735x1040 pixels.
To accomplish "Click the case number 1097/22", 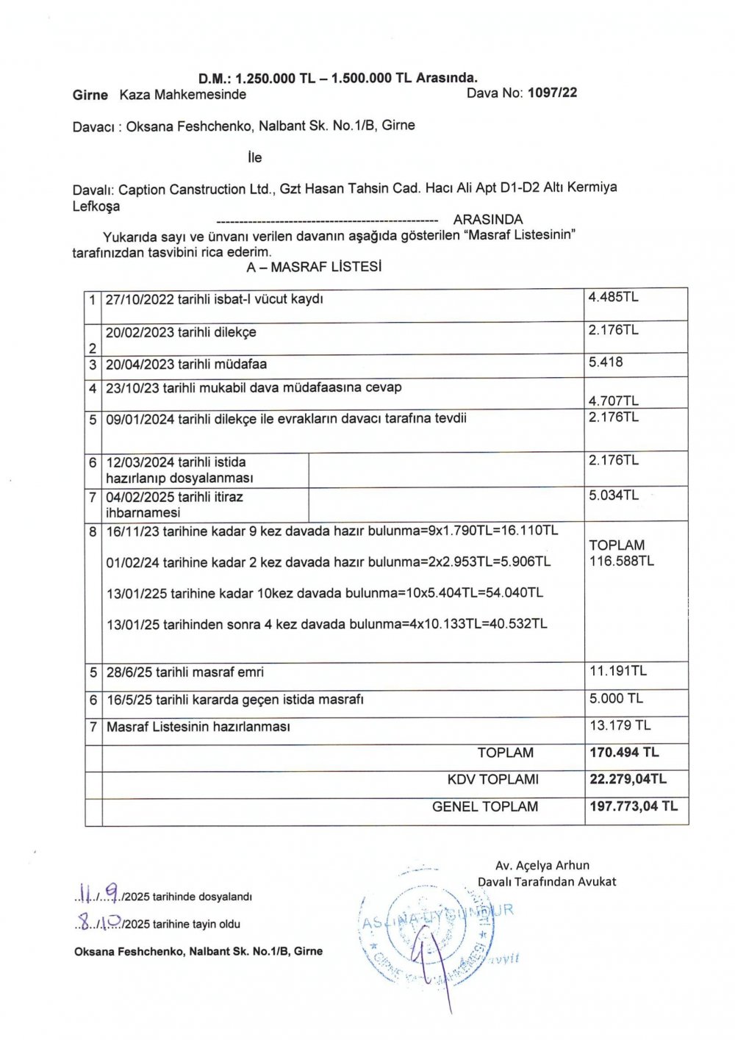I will click(552, 93).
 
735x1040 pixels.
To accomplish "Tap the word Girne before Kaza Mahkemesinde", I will click(90, 95).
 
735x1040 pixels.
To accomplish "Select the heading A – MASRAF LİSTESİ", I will click(314, 267).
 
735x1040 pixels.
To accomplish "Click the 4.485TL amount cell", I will click(613, 297).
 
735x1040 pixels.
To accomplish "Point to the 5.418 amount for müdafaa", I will click(606, 362).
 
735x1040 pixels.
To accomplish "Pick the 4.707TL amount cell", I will click(613, 401).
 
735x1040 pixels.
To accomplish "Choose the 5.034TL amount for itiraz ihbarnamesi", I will click(614, 495).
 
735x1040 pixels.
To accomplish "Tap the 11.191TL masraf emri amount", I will click(618, 670).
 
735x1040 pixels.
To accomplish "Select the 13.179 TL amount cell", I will click(620, 725).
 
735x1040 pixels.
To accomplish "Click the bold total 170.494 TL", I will click(624, 752).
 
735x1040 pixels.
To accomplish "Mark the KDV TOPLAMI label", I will click(492, 779).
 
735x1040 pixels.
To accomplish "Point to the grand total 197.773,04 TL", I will click(634, 806).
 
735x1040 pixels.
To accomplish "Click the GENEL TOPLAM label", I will click(484, 806).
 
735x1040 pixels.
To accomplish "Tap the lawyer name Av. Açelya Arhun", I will click(542, 865).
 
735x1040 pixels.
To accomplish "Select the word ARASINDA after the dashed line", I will click(488, 220).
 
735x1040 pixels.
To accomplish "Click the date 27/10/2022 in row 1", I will click(138, 299).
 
